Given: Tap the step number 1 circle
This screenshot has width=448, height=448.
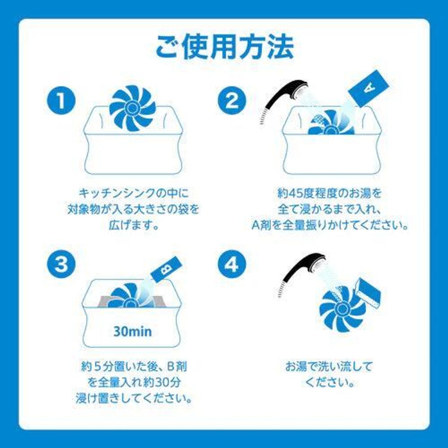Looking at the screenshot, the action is pyautogui.click(x=61, y=101).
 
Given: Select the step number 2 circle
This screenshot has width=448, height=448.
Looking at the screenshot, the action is pyautogui.click(x=232, y=101).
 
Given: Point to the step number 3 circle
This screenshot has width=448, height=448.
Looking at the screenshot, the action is pyautogui.click(x=61, y=264).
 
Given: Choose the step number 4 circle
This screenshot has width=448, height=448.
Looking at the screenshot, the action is pyautogui.click(x=232, y=264).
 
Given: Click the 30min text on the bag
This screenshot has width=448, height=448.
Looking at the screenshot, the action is pyautogui.click(x=133, y=332).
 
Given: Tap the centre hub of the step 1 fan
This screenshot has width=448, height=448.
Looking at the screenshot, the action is pyautogui.click(x=132, y=108).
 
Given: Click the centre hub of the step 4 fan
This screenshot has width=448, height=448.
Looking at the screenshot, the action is pyautogui.click(x=342, y=308).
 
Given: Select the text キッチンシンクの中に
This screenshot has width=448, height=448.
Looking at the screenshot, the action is pyautogui.click(x=134, y=193).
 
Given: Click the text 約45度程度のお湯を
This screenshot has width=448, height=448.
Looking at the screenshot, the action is pyautogui.click(x=330, y=193).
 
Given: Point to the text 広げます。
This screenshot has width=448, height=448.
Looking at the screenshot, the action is pyautogui.click(x=134, y=225).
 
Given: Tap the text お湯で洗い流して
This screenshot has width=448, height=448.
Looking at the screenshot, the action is pyautogui.click(x=329, y=367).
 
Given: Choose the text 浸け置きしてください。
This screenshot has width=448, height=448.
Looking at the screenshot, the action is pyautogui.click(x=134, y=398).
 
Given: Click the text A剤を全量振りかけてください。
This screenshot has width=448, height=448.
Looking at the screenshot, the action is pyautogui.click(x=330, y=225).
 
